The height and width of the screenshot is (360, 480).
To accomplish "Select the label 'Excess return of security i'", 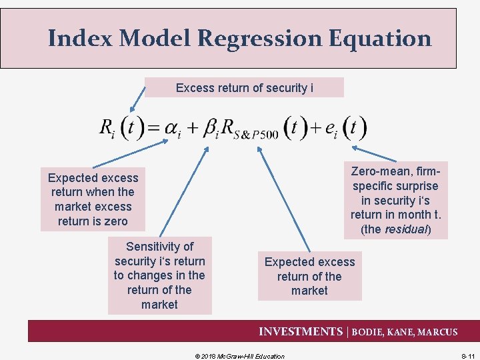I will (x=244, y=87).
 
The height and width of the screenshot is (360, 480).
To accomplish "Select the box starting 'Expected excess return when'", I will (x=93, y=199).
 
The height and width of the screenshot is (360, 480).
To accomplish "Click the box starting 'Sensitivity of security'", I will (x=159, y=275).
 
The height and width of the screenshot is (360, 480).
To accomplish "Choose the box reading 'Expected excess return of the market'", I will (x=309, y=276).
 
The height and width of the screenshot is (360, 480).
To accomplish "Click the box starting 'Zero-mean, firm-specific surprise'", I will (x=396, y=200).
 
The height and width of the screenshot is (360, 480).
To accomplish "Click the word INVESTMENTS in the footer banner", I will (x=300, y=331).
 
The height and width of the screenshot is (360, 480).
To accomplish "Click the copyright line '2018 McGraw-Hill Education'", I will (x=239, y=356).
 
